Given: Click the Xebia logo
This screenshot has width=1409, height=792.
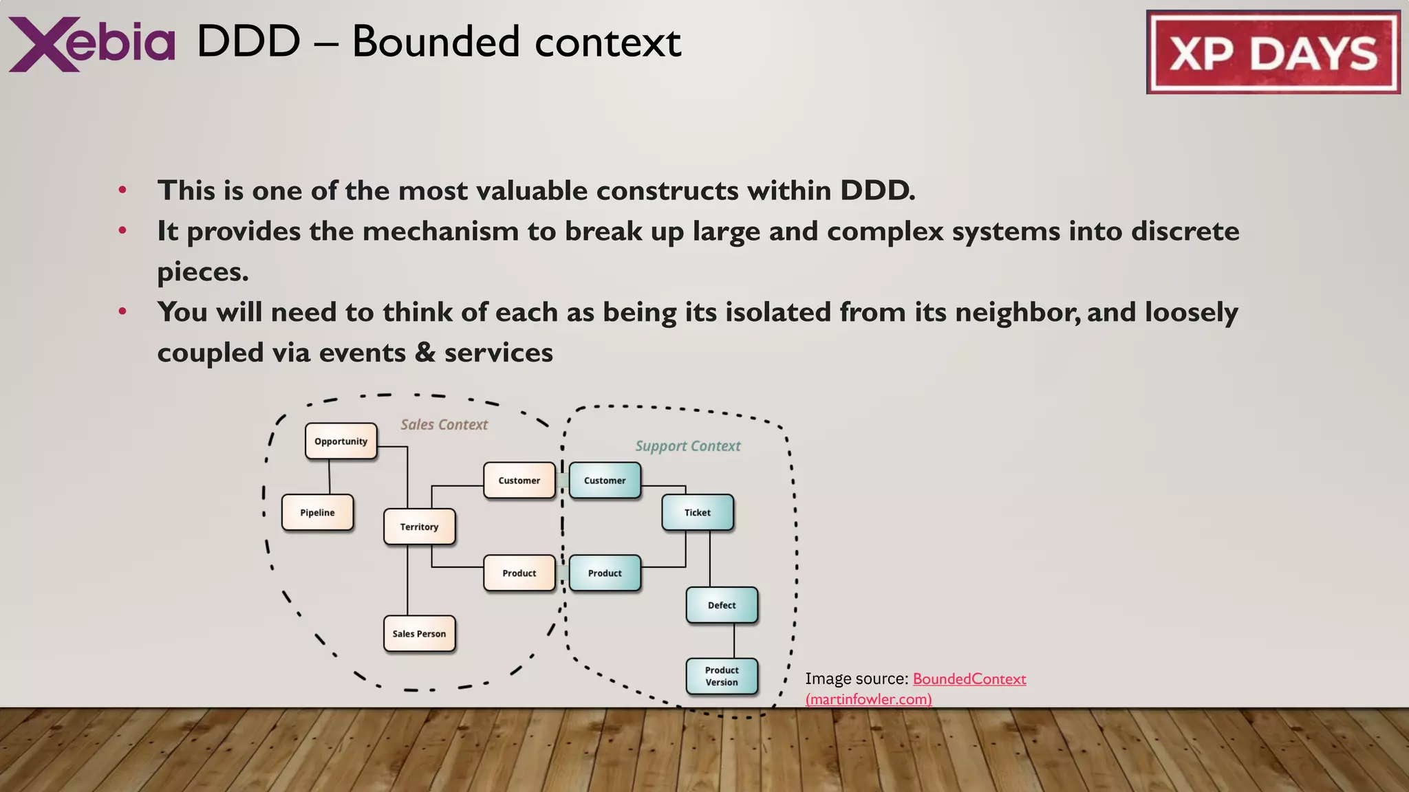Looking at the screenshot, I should pyautogui.click(x=92, y=43).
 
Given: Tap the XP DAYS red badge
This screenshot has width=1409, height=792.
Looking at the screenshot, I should pyautogui.click(x=1273, y=52).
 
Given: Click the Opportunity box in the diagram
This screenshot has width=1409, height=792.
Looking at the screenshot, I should pyautogui.click(x=341, y=441).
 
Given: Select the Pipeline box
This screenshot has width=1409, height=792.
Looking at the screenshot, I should pyautogui.click(x=317, y=513).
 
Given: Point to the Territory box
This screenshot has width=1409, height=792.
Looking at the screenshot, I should pyautogui.click(x=419, y=527).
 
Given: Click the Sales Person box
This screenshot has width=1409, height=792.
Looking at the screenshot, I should pyautogui.click(x=419, y=634).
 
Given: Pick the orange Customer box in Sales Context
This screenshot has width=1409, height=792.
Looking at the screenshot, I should pyautogui.click(x=519, y=481).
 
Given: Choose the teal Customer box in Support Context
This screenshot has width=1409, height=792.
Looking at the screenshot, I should pyautogui.click(x=605, y=481).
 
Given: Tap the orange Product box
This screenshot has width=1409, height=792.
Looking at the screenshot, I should pyautogui.click(x=519, y=573).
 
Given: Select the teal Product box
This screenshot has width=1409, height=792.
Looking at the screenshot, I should pyautogui.click(x=605, y=573).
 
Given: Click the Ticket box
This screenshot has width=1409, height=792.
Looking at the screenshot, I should pyautogui.click(x=697, y=513).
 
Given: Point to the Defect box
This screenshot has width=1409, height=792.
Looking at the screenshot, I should pyautogui.click(x=722, y=606).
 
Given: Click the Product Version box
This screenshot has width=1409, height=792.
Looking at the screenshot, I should pyautogui.click(x=722, y=676).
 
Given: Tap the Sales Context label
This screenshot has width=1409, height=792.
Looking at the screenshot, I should pyautogui.click(x=444, y=425).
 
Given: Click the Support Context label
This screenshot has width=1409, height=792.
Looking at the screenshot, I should pyautogui.click(x=687, y=446).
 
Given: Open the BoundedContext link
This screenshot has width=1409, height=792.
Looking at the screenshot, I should pyautogui.click(x=969, y=679).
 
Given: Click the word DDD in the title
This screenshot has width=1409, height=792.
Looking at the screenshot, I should pyautogui.click(x=248, y=43).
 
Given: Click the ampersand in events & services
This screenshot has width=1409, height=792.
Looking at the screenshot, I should pyautogui.click(x=425, y=353).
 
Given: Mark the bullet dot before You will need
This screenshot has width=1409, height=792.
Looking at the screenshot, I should pyautogui.click(x=122, y=312).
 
